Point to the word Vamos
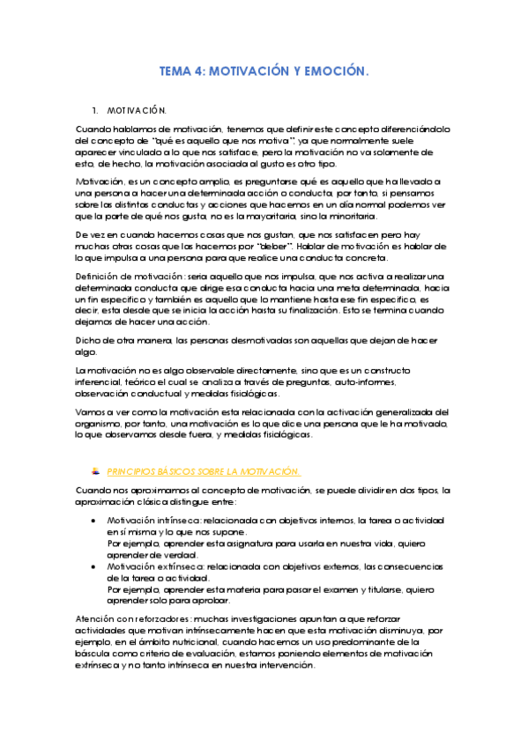click(91, 411)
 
